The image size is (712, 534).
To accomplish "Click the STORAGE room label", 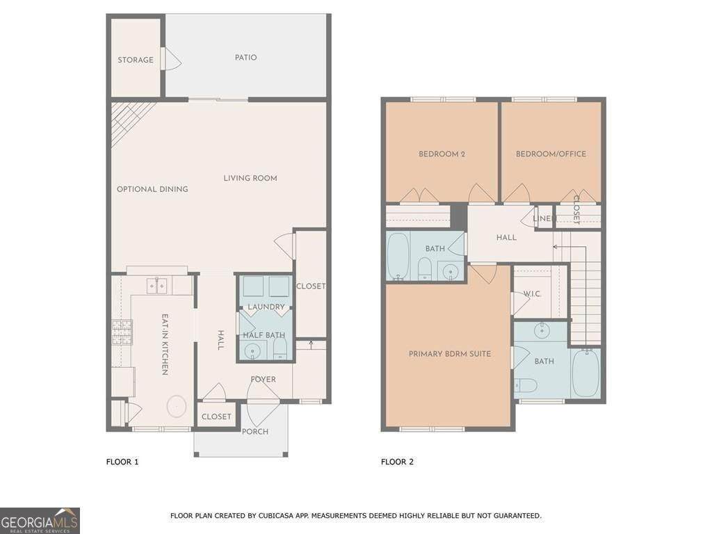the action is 136,60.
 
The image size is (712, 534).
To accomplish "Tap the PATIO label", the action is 245,58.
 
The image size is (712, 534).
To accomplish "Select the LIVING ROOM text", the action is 250,178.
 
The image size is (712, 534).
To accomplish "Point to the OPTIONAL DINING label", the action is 152,189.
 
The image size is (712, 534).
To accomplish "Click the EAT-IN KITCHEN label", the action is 165,345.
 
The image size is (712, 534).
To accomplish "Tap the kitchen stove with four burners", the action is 122,332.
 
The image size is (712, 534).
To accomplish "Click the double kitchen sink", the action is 157,286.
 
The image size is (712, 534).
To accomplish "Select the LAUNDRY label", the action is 266,307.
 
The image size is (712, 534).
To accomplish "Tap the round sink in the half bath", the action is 252,351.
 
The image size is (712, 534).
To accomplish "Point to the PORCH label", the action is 254,431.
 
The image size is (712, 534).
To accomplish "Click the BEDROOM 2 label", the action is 442,154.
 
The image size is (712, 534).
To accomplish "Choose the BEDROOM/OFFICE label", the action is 551,154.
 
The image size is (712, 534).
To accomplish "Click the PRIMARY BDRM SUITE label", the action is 450,354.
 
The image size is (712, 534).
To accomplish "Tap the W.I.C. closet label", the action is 532,294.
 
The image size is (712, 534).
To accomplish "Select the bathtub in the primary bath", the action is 586,373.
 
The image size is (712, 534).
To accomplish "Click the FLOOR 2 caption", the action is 397,462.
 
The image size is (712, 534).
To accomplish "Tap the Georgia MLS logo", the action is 40,520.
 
